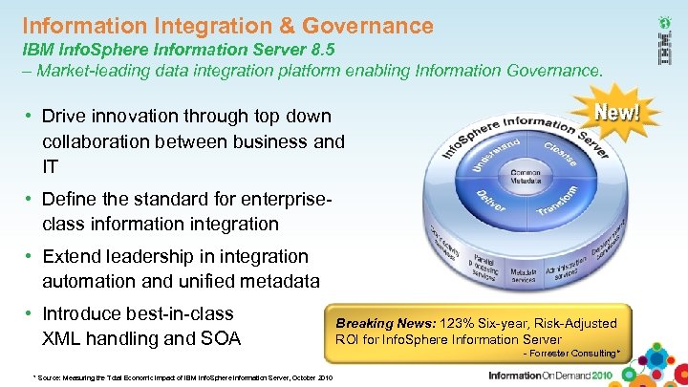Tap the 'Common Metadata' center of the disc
525,177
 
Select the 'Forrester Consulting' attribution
572,355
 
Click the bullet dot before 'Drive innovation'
30,117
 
